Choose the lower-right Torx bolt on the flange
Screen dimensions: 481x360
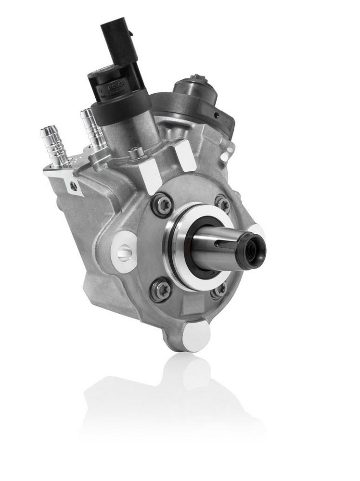(219, 290)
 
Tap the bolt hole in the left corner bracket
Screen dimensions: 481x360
(73, 185)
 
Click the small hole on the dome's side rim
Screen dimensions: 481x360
(217, 115)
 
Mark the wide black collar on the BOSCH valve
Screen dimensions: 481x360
(120, 105)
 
